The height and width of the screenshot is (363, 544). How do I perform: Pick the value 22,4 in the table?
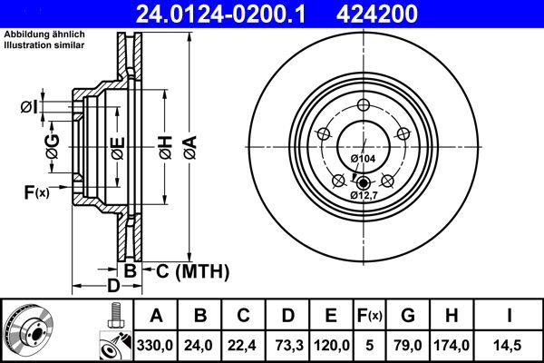(x=243, y=345)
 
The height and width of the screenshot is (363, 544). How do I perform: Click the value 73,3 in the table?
(x=287, y=345)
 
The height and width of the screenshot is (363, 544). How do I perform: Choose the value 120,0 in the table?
(x=331, y=345)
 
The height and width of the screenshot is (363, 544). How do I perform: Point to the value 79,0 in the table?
(x=408, y=345)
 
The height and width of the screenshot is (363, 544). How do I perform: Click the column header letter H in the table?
(x=452, y=316)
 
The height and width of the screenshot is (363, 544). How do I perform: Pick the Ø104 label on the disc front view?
(x=363, y=159)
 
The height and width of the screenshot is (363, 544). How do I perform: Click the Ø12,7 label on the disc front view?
(x=363, y=194)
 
